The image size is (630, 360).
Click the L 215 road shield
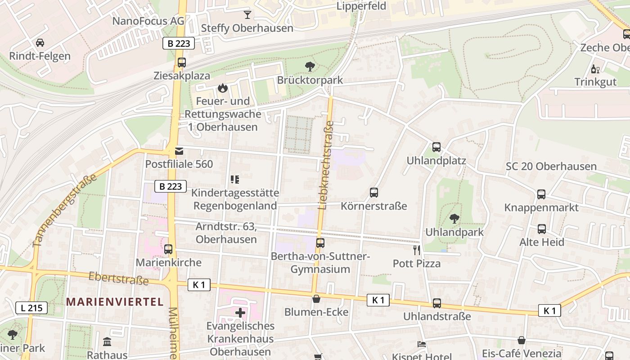pos(31,308)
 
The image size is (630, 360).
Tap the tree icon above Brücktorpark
pos(310,67)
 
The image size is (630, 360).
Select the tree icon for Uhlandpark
pos(454,219)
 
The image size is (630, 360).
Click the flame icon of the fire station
pos(222,88)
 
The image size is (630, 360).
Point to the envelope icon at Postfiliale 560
pos(179,151)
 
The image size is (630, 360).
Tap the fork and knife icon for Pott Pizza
pos(417,250)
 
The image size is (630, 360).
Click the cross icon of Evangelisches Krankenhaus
pos(240,312)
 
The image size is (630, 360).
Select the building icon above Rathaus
pos(107,342)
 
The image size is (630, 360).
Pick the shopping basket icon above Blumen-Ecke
pos(316,299)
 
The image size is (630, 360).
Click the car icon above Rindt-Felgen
pos(40,43)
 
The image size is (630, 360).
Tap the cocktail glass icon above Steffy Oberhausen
pos(247,14)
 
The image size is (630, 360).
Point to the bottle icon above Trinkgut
pos(595,69)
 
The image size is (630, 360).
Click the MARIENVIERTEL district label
pos(115,301)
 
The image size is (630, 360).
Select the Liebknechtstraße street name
pos(326,165)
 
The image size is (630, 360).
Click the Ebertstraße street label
pos(118,278)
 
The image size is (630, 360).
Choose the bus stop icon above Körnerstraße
pos(373,193)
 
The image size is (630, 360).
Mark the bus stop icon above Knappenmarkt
pos(541,194)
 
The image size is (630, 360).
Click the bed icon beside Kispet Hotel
pos(422,344)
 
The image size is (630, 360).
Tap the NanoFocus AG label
pos(148,21)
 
